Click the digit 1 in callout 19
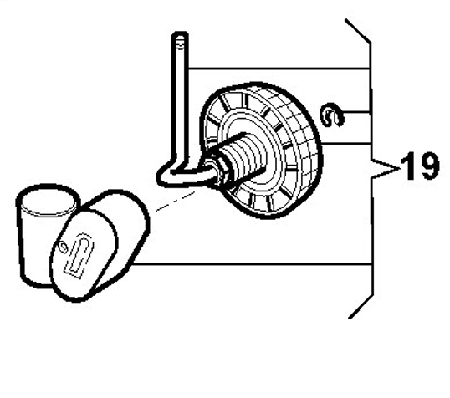[x=407, y=166]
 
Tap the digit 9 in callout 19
[x=427, y=166]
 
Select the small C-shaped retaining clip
[x=331, y=115]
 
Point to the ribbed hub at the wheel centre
[x=244, y=158]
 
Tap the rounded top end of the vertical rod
[x=180, y=36]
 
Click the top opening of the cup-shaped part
[x=48, y=200]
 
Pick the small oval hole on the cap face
[x=63, y=247]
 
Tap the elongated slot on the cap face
[x=79, y=255]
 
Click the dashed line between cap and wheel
[x=176, y=201]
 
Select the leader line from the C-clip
[x=355, y=111]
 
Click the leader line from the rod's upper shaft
[x=279, y=69]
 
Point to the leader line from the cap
[x=252, y=263]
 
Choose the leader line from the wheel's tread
[x=346, y=143]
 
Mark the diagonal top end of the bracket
[x=358, y=31]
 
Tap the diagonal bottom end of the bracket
[x=361, y=307]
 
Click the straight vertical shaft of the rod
[x=180, y=100]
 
